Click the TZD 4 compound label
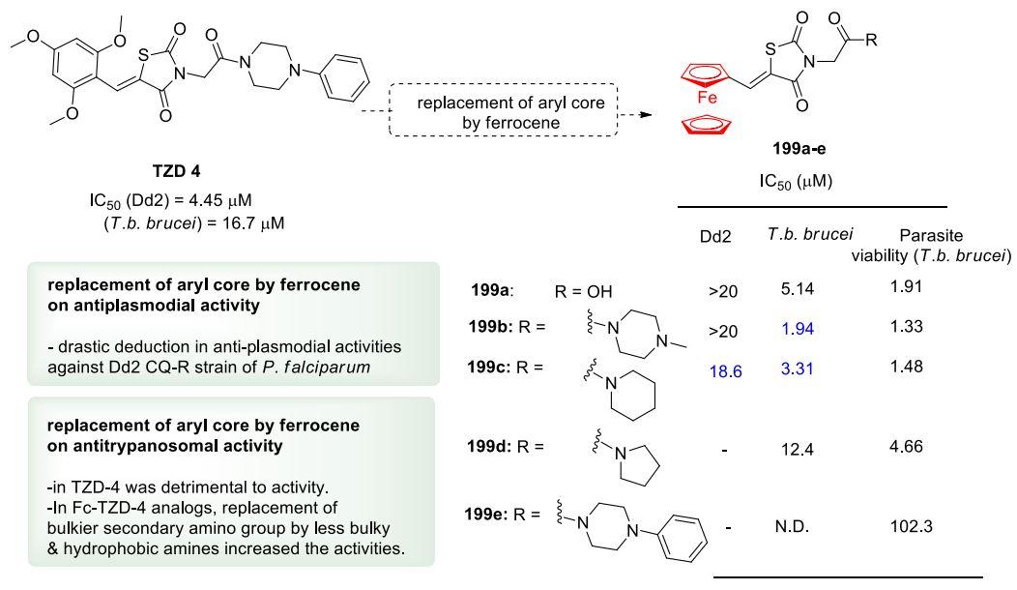[176, 170]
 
